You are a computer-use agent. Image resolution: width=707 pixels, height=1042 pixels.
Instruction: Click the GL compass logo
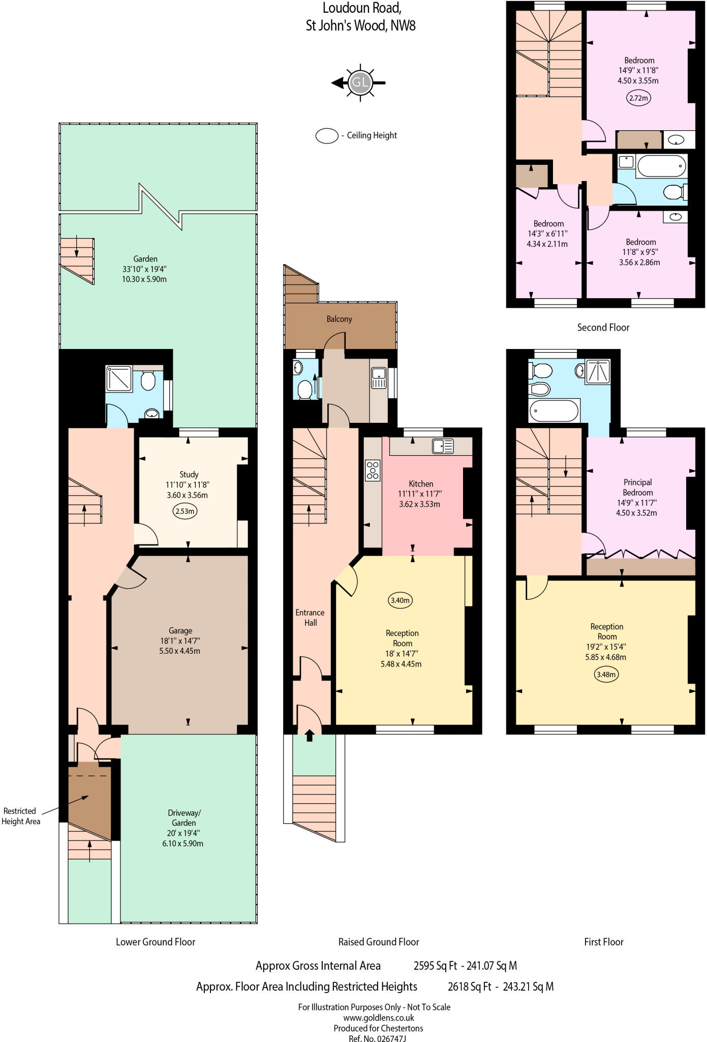tap(360, 82)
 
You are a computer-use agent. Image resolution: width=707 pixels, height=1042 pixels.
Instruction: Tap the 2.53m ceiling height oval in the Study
tap(185, 511)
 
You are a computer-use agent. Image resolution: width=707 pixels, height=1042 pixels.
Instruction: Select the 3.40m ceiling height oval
tap(399, 600)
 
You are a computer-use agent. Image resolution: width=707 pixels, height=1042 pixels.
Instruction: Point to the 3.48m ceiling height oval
tap(606, 675)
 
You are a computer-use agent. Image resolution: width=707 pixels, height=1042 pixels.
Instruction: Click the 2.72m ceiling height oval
tap(638, 98)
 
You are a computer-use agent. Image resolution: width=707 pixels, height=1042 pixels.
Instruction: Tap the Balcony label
tap(339, 319)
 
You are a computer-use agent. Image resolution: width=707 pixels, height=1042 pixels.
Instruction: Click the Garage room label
tap(180, 630)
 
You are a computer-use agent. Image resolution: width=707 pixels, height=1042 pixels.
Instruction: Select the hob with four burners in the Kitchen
tap(373, 470)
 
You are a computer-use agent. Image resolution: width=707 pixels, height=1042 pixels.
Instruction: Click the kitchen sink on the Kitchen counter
tap(443, 446)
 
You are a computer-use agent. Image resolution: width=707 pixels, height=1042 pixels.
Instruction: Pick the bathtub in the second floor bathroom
tap(661, 166)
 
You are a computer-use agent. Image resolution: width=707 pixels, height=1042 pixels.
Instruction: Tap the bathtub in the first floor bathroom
tap(554, 411)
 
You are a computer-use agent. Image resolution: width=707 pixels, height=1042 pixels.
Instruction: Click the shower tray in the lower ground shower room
tap(119, 379)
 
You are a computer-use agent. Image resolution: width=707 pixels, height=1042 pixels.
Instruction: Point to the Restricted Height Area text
tap(20, 816)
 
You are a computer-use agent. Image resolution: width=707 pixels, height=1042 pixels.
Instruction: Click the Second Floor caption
tap(603, 328)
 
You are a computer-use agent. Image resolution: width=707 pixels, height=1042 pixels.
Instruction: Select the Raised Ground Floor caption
tap(379, 942)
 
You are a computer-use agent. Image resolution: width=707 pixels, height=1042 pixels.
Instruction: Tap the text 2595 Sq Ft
tap(435, 966)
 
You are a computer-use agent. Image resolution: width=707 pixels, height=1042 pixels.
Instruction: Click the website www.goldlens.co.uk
tap(378, 1018)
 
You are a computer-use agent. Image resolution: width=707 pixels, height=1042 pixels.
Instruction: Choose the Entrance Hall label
tap(310, 618)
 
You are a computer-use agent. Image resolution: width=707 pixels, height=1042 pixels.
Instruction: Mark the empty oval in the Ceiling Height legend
tap(327, 136)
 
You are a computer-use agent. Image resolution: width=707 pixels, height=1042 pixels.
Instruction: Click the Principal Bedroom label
tap(637, 487)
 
